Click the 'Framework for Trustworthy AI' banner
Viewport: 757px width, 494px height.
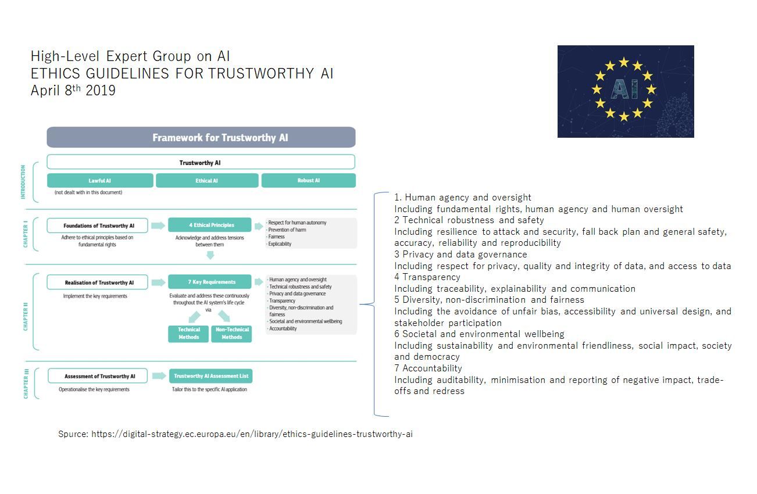click(201, 137)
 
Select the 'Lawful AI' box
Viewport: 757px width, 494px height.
click(100, 180)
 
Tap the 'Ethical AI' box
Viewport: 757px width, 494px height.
click(207, 180)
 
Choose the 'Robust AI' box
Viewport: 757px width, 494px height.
click(309, 180)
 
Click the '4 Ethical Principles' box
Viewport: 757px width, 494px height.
click(210, 225)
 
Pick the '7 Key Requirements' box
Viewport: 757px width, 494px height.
click(210, 282)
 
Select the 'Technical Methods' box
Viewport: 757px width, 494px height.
click(188, 333)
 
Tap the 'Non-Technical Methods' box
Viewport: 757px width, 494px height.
click(231, 333)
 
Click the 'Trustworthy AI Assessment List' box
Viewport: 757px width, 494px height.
click(211, 376)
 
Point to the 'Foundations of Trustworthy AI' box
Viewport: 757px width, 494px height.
click(97, 225)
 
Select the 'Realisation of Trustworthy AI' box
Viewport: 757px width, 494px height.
click(97, 282)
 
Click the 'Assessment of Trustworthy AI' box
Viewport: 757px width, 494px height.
click(98, 376)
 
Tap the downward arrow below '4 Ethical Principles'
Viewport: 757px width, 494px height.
click(210, 256)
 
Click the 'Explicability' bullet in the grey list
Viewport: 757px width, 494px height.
click(279, 244)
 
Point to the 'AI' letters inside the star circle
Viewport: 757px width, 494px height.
click(624, 90)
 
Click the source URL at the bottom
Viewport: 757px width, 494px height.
click(252, 434)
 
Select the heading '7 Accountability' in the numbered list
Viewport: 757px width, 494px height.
click(428, 368)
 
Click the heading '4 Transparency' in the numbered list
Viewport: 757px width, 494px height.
click(427, 277)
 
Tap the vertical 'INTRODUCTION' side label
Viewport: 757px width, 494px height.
click(23, 182)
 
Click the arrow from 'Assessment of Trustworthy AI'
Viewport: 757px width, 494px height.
click(159, 376)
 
